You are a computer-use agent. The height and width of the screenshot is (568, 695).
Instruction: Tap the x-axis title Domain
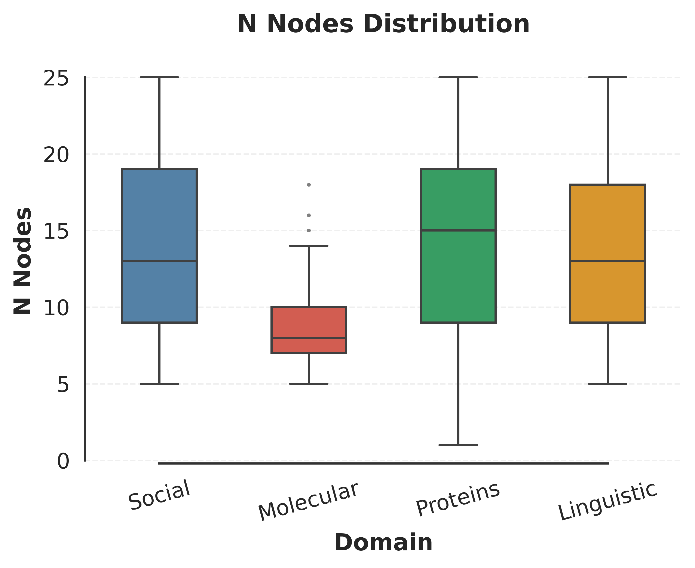(x=383, y=543)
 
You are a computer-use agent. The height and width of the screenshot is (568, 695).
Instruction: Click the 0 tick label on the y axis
(x=63, y=462)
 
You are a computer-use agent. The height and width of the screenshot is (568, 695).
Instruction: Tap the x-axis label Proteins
(x=458, y=499)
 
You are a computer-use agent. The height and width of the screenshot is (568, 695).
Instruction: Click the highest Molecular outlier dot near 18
(x=309, y=185)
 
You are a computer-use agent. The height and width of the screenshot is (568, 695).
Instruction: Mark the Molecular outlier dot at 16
(x=309, y=215)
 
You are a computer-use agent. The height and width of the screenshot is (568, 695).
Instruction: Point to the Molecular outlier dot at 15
(x=309, y=231)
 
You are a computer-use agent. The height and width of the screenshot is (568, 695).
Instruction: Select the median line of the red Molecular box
(x=309, y=338)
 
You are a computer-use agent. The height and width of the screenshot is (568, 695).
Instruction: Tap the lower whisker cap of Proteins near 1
(x=458, y=445)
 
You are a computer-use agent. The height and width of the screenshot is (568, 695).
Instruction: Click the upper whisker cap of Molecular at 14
(x=309, y=246)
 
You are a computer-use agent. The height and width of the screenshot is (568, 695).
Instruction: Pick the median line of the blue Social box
(x=159, y=261)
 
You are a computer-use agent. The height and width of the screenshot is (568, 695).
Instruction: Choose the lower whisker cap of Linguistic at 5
(x=607, y=383)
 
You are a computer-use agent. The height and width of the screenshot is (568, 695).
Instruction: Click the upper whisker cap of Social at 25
(x=159, y=77)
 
